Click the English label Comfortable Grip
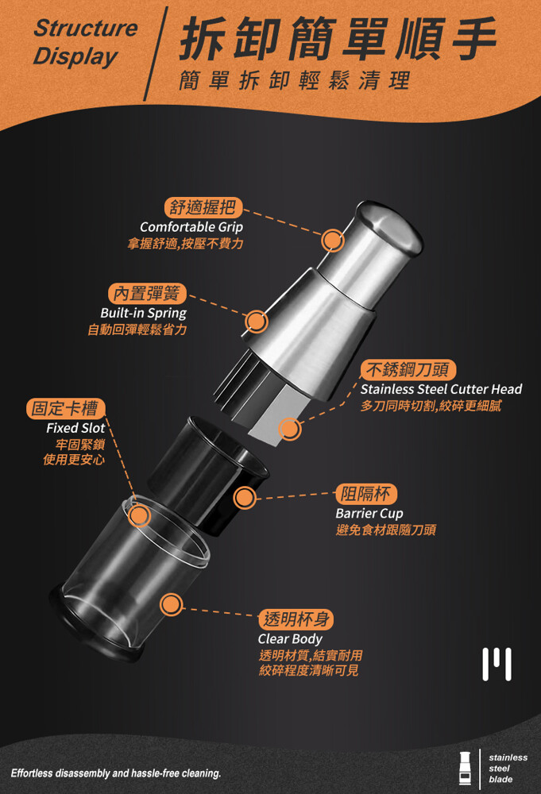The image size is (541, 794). click(x=191, y=227)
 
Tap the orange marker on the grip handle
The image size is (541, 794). click(x=333, y=240)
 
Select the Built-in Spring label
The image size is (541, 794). click(x=143, y=313)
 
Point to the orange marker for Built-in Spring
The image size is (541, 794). click(x=257, y=321)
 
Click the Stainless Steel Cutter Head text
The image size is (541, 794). click(x=441, y=389)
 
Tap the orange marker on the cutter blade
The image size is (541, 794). click(x=289, y=429)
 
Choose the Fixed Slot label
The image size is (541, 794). click(x=75, y=428)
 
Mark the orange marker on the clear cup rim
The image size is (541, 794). click(x=139, y=515)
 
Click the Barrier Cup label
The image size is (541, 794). click(x=369, y=514)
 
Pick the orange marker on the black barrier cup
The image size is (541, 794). click(x=245, y=498)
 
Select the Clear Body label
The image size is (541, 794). click(x=290, y=639)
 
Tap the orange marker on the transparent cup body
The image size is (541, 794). click(x=172, y=604)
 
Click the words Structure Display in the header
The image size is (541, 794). click(x=85, y=43)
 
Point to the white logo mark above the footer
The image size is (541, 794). click(x=497, y=664)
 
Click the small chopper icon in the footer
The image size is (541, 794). click(x=465, y=769)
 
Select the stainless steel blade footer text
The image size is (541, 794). click(x=508, y=768)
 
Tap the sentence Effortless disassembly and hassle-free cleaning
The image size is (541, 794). click(x=116, y=773)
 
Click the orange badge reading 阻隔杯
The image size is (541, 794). click(x=366, y=494)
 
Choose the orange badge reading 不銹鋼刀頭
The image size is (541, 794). click(x=408, y=370)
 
